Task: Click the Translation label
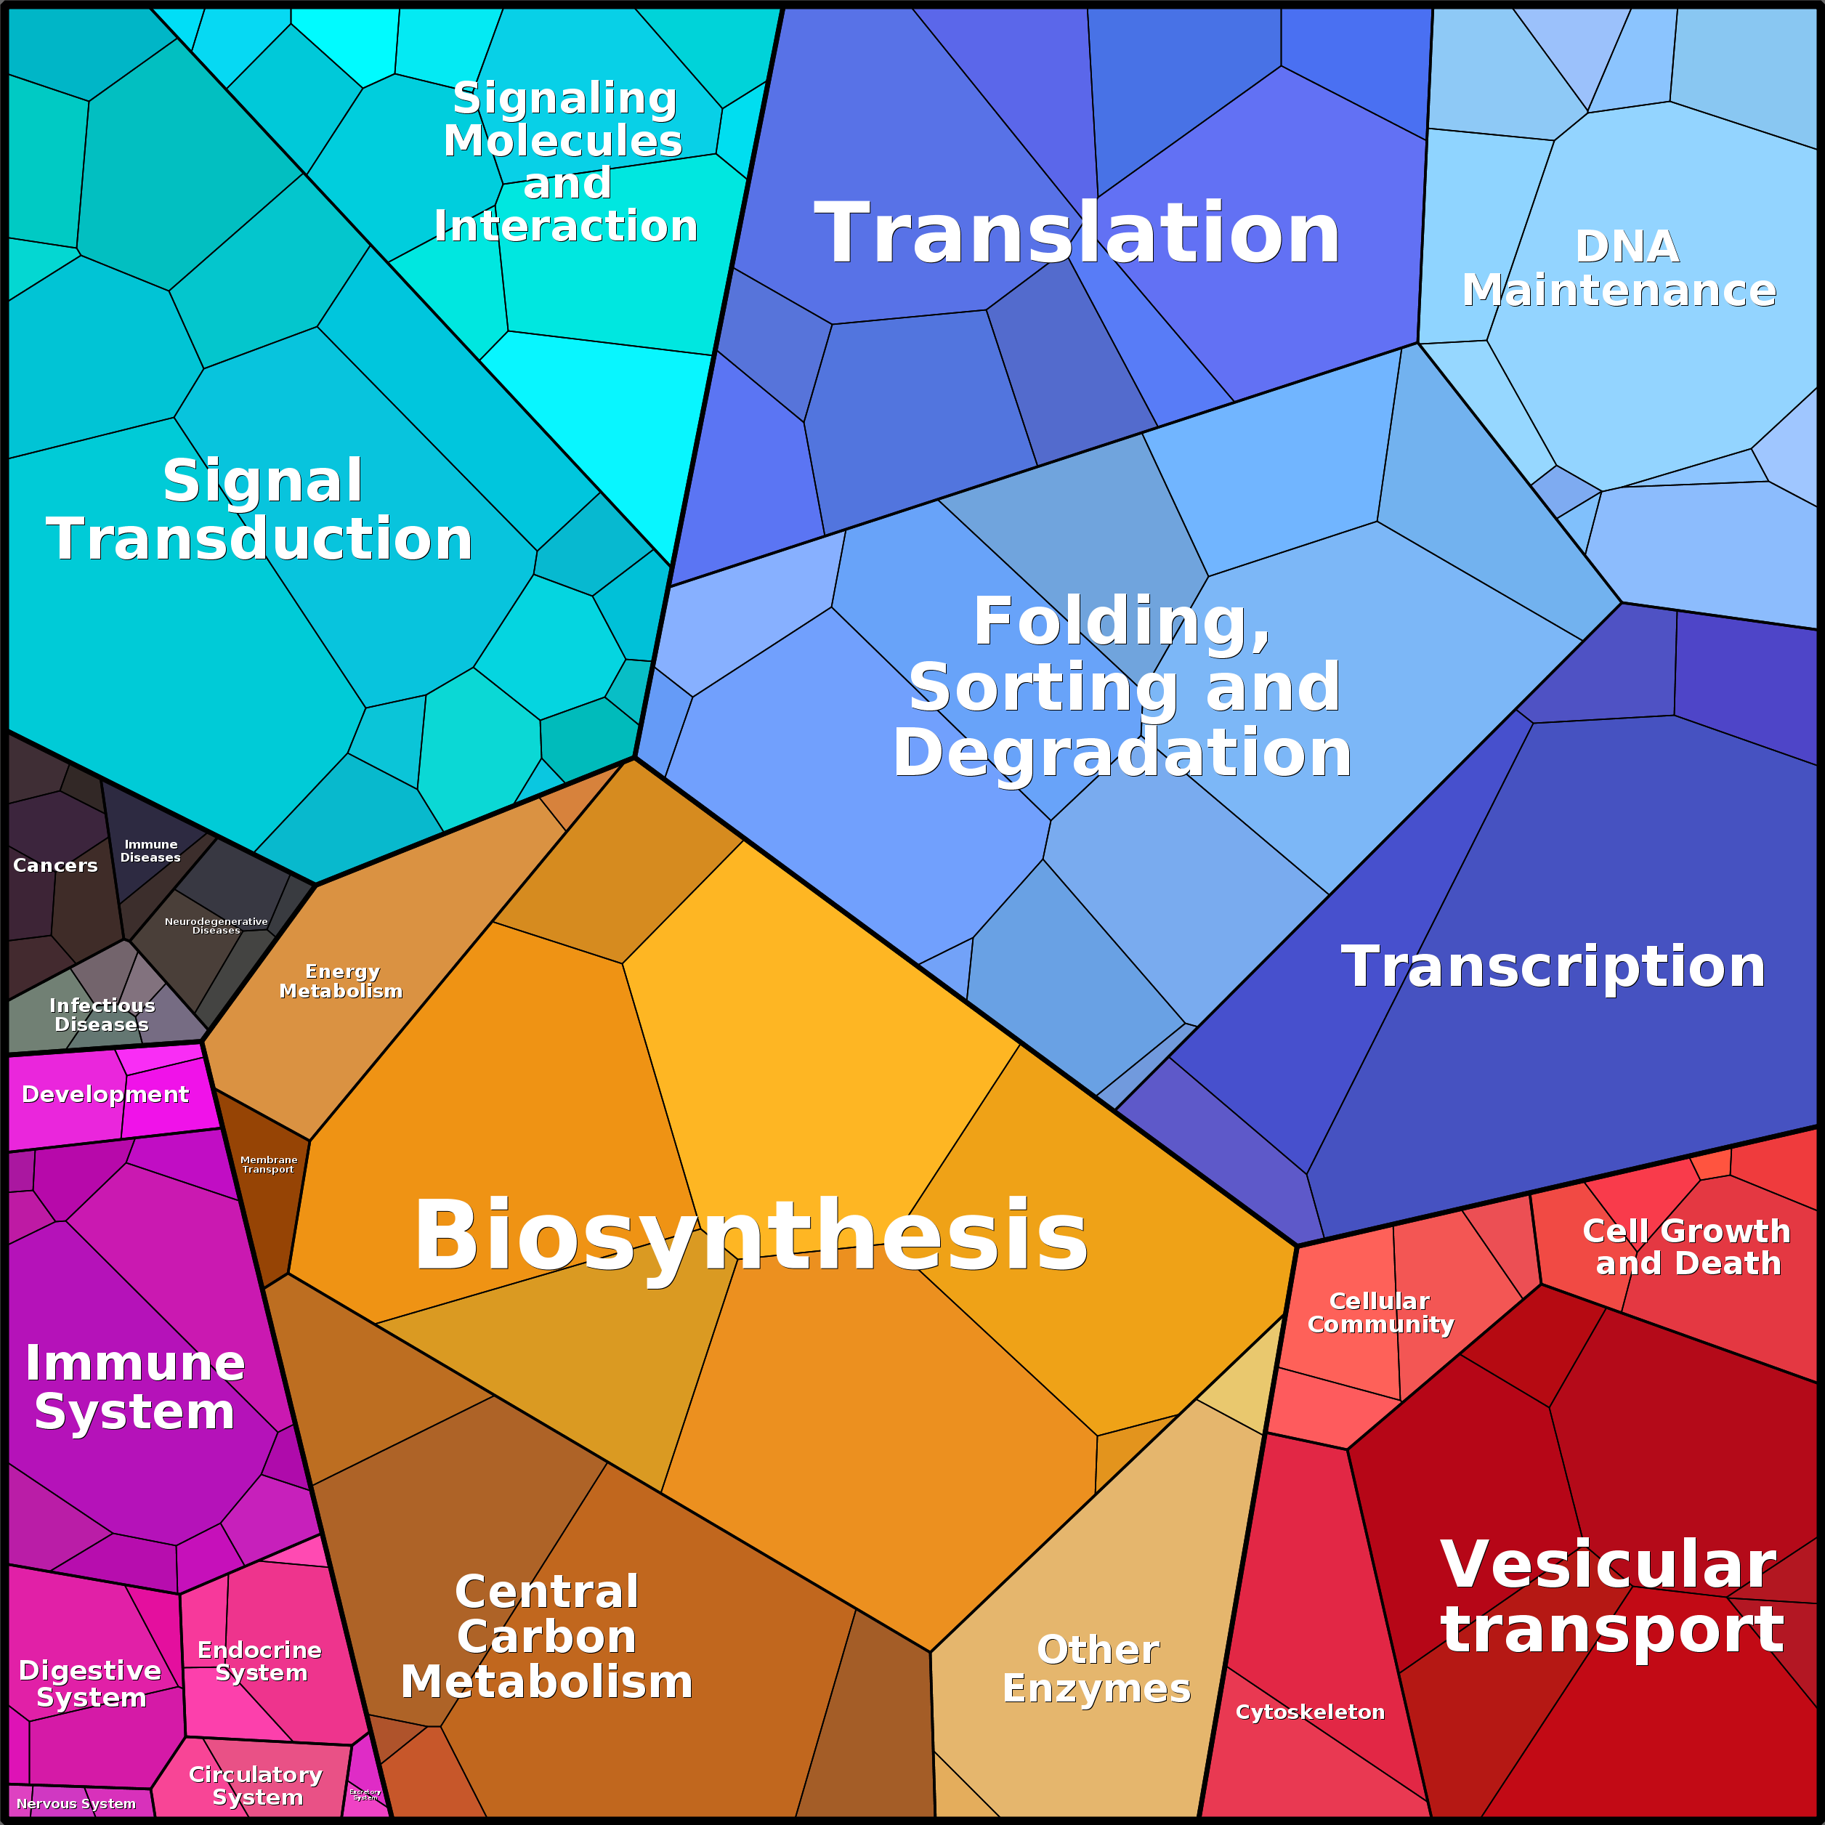[1077, 233]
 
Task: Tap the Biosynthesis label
[751, 1236]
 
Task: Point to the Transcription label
[1553, 966]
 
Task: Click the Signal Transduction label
[260, 509]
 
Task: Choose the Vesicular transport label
[1611, 1595]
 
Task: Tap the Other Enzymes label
[1097, 1668]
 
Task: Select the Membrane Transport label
[268, 1164]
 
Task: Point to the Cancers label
[54, 865]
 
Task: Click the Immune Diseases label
[150, 850]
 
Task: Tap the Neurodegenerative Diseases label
[217, 925]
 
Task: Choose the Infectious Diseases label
[101, 1014]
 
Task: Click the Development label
[105, 1094]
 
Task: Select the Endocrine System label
[260, 1661]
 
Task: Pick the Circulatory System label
[256, 1785]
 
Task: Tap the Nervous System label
[76, 1803]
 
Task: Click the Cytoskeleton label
[1310, 1712]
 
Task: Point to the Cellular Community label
[1380, 1312]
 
